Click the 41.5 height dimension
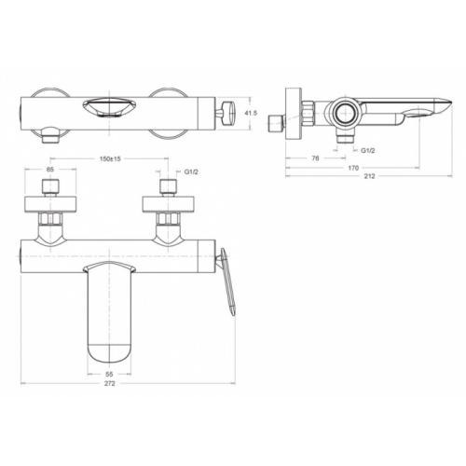(249, 113)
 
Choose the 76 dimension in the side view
(316, 158)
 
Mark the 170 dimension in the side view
(353, 169)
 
